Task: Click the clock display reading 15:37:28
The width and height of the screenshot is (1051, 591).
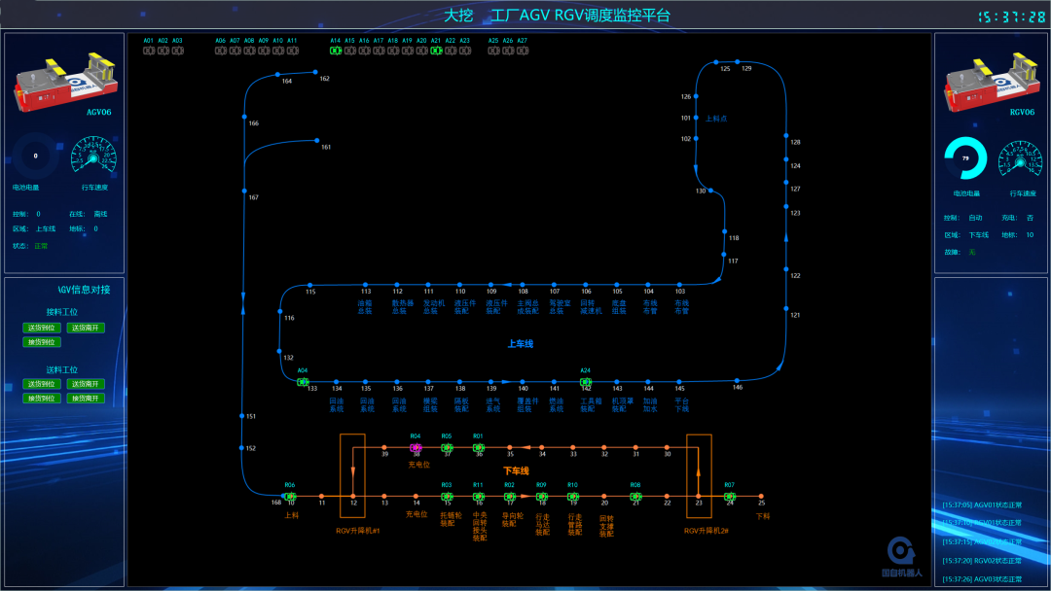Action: pos(1011,17)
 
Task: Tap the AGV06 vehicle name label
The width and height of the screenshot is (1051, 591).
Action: pos(99,113)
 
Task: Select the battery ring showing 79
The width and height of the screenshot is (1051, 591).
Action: pos(965,158)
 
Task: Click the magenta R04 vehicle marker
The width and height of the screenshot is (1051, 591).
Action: pos(416,448)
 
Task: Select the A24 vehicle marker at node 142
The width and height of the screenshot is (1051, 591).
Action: pos(586,382)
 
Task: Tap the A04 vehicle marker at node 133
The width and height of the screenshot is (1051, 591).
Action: pos(303,382)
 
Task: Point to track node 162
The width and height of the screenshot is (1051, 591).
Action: pos(316,71)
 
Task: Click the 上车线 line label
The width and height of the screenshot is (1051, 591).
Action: pos(521,343)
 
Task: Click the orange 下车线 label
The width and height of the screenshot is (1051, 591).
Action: pos(516,470)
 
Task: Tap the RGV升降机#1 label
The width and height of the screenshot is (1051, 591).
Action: pos(357,531)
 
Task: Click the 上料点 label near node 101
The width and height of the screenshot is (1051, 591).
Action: pos(716,119)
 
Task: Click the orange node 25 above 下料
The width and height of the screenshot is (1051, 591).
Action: pos(761,496)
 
